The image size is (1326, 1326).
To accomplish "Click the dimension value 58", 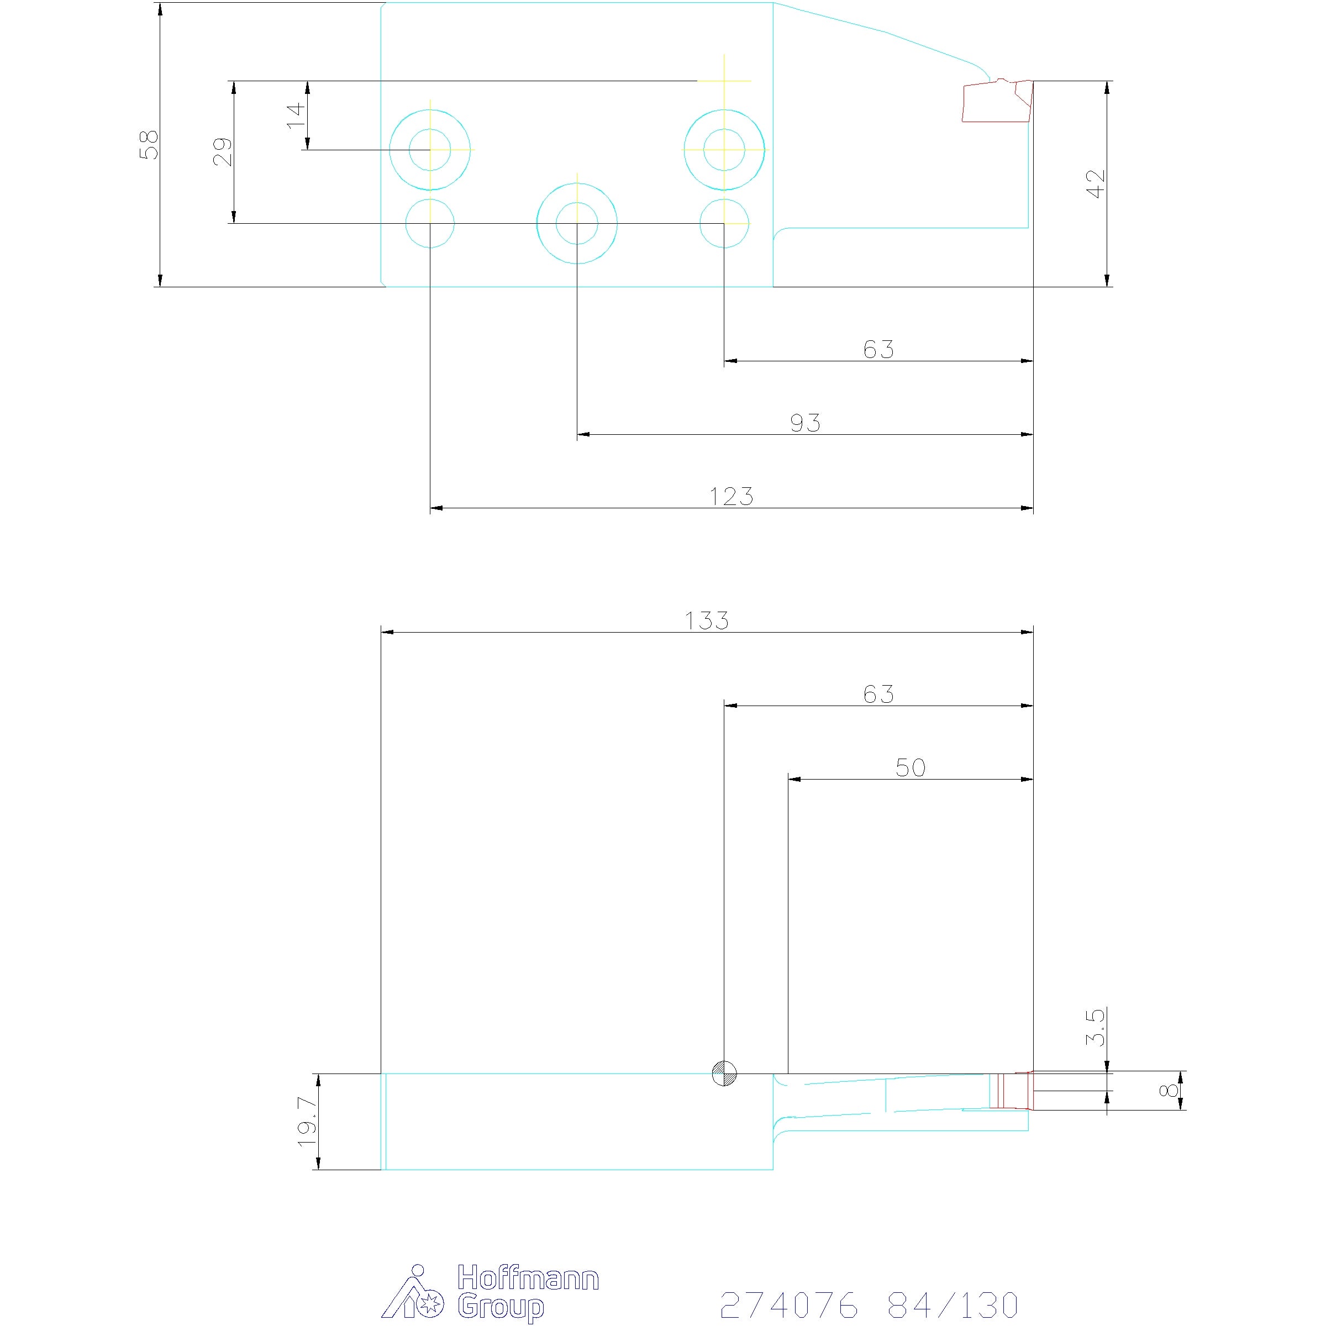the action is pyautogui.click(x=149, y=145).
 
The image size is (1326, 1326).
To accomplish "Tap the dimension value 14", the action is pyautogui.click(x=296, y=114).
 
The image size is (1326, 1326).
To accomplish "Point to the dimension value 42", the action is pyautogui.click(x=1097, y=184).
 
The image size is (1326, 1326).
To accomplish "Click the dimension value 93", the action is pyautogui.click(x=805, y=423).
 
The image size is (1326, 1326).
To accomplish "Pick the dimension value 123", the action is pyautogui.click(x=732, y=496).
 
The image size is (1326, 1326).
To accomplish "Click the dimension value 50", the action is pyautogui.click(x=910, y=767).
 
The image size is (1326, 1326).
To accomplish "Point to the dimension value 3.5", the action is pyautogui.click(x=1096, y=1027).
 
